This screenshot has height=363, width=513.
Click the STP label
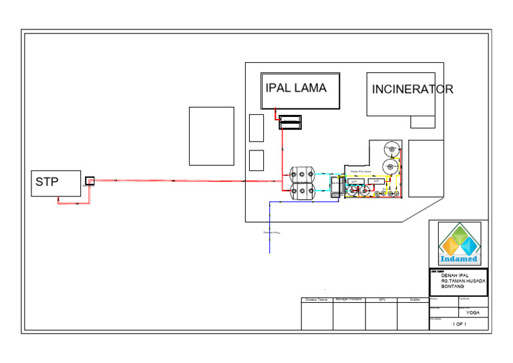tap(47, 182)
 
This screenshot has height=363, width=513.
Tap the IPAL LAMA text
tap(296, 88)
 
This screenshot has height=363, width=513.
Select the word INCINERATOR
tap(412, 90)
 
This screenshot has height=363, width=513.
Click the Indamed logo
tap(459, 244)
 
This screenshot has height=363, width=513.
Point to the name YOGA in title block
tap(473, 312)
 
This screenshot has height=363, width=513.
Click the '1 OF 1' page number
tap(460, 324)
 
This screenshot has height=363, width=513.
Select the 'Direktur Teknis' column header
tap(317, 299)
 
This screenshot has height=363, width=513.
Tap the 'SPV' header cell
tap(381, 299)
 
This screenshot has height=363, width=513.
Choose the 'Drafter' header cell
tap(414, 299)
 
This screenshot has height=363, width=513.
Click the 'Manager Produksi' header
tap(349, 299)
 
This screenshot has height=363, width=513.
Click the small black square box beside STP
tap(90, 180)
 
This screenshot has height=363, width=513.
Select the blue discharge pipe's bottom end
tap(270, 251)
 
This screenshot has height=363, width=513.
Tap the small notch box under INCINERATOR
tap(422, 122)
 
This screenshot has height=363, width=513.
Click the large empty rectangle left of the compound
tap(211, 136)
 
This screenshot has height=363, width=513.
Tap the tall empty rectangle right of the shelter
tap(426, 168)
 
